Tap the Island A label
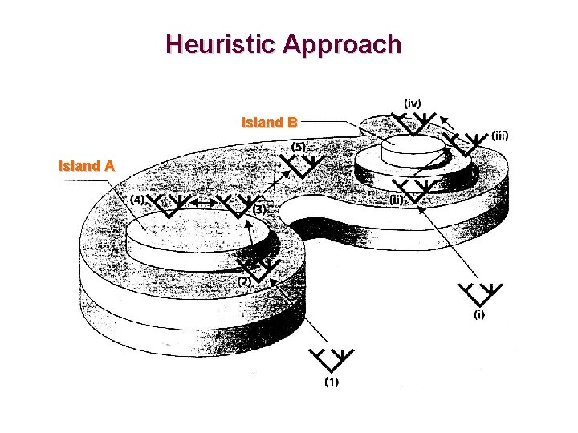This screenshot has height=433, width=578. (87, 167)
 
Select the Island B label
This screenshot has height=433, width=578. (270, 123)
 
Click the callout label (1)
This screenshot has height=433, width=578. (331, 382)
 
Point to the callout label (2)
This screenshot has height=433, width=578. (244, 281)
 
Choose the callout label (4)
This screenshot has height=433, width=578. (137, 199)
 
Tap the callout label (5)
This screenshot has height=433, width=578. (298, 148)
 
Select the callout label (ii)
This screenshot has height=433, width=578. (397, 200)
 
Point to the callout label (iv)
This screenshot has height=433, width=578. (413, 103)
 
